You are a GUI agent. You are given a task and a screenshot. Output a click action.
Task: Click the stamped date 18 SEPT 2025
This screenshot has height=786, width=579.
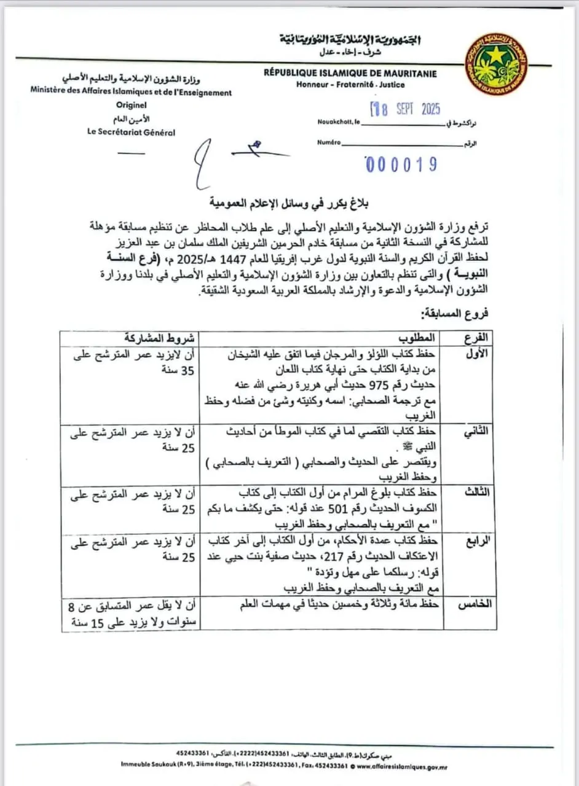coord(405,110)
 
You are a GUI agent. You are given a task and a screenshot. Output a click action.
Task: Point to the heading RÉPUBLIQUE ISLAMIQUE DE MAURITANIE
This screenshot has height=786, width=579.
coord(350,74)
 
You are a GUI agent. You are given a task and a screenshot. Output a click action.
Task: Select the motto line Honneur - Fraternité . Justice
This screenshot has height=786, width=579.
coord(350,85)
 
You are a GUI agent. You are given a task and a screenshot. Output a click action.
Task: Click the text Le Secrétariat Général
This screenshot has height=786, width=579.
coord(132,132)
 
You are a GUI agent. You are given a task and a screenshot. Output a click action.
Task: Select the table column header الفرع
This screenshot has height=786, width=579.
coord(475,337)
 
